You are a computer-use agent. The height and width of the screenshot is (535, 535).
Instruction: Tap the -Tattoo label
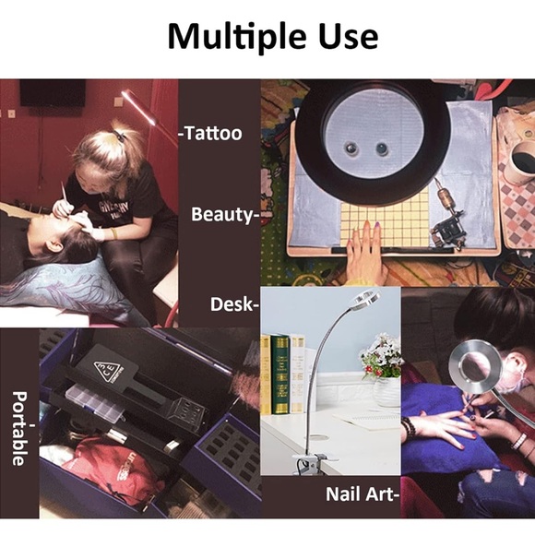210,133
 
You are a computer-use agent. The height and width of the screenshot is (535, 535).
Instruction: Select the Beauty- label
224,215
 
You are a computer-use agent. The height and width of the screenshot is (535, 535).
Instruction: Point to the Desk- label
234,303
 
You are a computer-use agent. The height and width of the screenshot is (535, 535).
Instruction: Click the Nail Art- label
362,493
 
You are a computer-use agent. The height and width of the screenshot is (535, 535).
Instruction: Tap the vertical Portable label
19,429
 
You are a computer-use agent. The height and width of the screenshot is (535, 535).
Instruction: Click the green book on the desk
280,374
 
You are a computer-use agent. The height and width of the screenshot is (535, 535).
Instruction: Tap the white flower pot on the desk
386,392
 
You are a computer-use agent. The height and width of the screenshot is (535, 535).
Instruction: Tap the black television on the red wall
53,93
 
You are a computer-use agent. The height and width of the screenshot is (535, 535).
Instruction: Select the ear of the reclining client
53,246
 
